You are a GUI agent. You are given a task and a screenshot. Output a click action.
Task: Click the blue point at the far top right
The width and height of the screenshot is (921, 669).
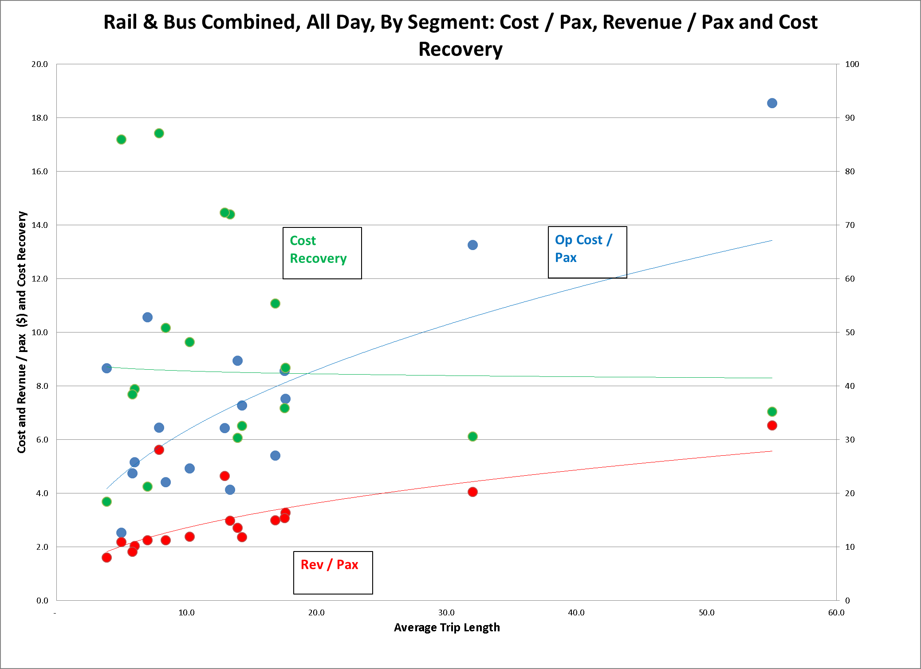pyautogui.click(x=772, y=103)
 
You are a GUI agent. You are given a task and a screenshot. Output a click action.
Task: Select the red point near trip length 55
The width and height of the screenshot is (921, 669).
pyautogui.click(x=772, y=425)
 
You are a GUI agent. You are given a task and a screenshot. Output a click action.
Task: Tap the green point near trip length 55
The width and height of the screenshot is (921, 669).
pyautogui.click(x=772, y=411)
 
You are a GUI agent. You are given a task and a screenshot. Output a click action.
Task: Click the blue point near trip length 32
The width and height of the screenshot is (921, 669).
pyautogui.click(x=472, y=245)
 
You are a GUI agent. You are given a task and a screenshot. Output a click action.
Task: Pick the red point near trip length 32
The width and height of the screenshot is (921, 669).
pyautogui.click(x=472, y=492)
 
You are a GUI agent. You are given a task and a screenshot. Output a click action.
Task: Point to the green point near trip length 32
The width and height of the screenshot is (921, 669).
pyautogui.click(x=472, y=436)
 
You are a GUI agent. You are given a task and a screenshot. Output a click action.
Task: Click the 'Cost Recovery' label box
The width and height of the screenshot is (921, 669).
pyautogui.click(x=322, y=253)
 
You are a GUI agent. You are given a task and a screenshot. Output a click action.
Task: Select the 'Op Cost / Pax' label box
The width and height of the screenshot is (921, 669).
pyautogui.click(x=587, y=252)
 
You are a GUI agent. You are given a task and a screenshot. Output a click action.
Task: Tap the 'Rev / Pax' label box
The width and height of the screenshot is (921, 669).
pyautogui.click(x=333, y=572)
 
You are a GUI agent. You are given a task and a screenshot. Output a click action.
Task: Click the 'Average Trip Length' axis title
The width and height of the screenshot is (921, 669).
pyautogui.click(x=447, y=627)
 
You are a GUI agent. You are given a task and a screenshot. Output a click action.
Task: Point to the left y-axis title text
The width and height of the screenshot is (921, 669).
pyautogui.click(x=22, y=332)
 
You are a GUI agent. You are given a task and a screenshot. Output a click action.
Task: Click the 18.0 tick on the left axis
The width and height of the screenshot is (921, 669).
pyautogui.click(x=39, y=117)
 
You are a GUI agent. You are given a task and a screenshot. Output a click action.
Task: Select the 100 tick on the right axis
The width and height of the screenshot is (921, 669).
pyautogui.click(x=852, y=64)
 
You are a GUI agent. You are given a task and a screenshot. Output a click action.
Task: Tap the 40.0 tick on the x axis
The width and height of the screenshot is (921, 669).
pyautogui.click(x=576, y=613)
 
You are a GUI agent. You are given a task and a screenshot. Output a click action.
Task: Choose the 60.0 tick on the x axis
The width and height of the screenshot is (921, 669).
pyautogui.click(x=836, y=613)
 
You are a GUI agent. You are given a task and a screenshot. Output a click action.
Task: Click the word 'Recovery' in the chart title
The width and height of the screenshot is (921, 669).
pyautogui.click(x=460, y=49)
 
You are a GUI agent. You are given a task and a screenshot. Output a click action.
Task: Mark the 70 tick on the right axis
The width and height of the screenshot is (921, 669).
pyautogui.click(x=850, y=225)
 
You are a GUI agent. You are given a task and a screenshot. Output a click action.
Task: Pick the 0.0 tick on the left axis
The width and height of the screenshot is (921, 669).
pyautogui.click(x=42, y=600)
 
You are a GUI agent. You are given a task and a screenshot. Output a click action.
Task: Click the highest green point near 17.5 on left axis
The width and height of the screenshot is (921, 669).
pyautogui.click(x=159, y=133)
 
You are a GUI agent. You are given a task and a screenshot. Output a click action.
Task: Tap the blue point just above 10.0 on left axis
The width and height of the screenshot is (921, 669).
pyautogui.click(x=147, y=317)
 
